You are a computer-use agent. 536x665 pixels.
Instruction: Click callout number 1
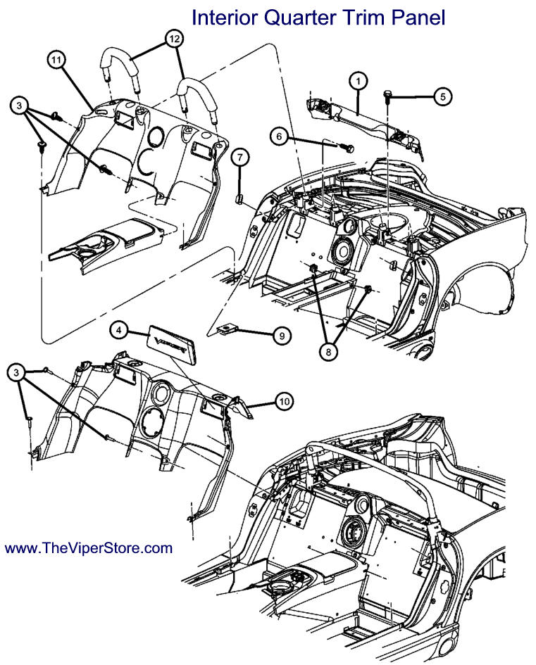pos(358,82)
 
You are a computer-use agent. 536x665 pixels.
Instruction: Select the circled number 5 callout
pos(442,96)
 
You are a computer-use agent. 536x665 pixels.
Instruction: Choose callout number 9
pos(281,336)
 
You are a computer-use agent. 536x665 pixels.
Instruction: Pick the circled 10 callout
pos(283,401)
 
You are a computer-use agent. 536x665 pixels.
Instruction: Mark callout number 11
pos(57,61)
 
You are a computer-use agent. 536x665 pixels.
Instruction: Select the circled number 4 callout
pos(119,329)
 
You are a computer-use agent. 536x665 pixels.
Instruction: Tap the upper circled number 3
pos(20,106)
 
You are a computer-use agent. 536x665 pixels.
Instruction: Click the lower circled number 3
pos(16,372)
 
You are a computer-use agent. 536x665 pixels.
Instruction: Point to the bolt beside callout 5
pos(388,96)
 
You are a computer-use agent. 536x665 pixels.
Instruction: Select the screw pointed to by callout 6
pos(347,147)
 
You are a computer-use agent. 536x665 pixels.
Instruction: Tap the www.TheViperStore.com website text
pos(89,547)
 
